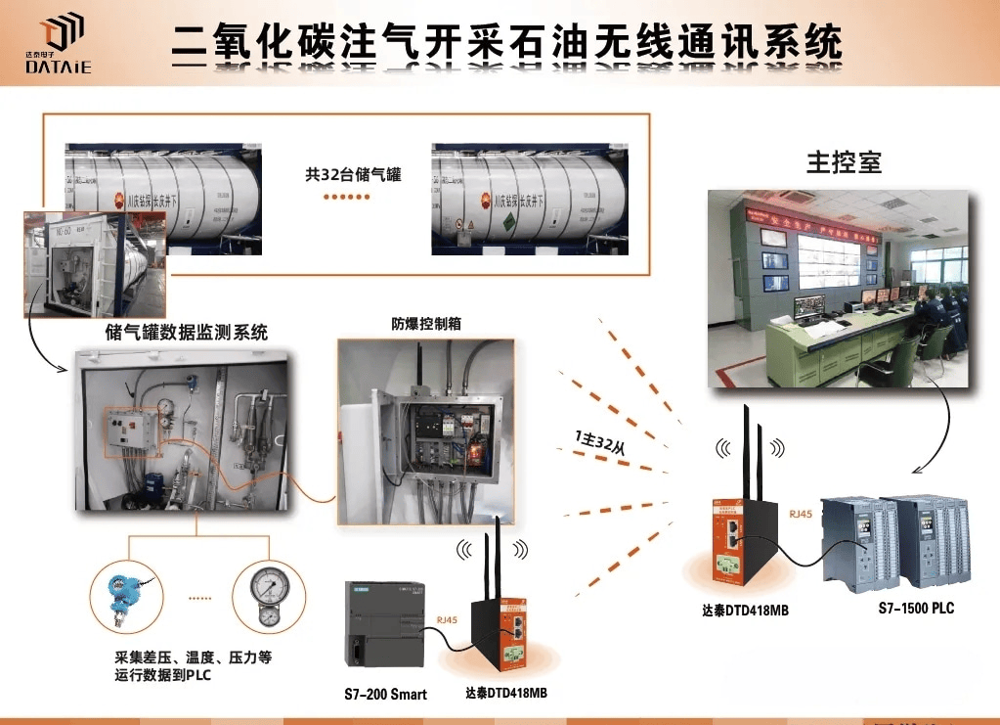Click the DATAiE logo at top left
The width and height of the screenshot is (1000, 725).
(59, 44)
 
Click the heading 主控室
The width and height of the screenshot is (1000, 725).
(844, 162)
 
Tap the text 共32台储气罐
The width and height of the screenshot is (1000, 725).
(353, 175)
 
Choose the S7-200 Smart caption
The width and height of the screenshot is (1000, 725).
(385, 695)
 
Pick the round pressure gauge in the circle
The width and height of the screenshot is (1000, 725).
(265, 594)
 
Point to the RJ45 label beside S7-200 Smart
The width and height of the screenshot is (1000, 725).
(447, 618)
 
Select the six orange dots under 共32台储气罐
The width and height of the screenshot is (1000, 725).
(348, 196)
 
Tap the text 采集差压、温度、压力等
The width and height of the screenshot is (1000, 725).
(193, 657)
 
